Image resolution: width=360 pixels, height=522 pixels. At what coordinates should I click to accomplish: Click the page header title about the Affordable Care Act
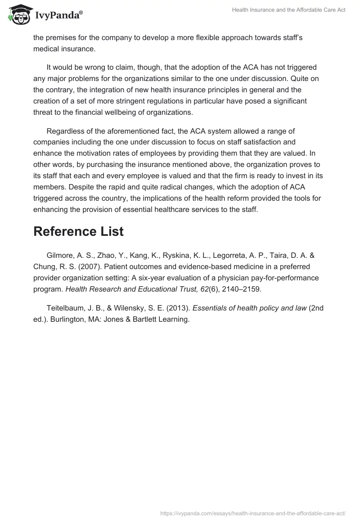coord(288,10)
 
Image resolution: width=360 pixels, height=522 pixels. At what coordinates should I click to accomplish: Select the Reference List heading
coord(78,231)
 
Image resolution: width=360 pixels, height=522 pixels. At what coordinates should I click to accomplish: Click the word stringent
coord(154,100)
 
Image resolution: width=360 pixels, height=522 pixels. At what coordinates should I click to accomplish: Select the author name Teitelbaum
coord(66,308)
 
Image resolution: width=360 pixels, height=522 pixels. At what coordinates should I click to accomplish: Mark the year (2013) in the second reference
coord(177,308)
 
